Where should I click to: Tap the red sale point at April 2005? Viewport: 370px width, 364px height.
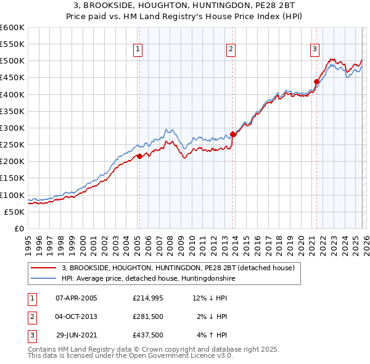[139, 156]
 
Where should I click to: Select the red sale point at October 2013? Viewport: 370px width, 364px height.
[232, 134]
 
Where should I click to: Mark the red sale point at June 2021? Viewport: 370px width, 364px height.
[316, 81]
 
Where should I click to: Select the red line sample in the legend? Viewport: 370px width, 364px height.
[44, 268]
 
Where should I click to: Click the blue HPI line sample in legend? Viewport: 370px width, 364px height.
[44, 278]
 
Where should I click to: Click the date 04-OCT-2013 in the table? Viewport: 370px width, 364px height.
[76, 316]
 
